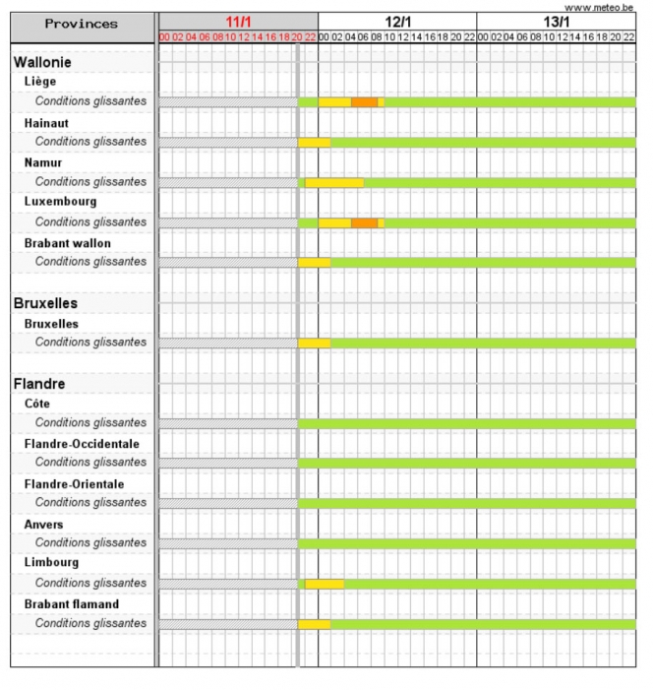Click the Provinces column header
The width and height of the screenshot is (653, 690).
point(82,23)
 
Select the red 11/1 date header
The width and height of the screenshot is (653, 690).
point(238,21)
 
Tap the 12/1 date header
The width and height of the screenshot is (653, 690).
point(397,21)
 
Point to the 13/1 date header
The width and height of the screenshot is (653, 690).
point(556,21)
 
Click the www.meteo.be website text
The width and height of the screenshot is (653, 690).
point(599,7)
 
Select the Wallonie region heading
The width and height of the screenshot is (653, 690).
point(42,62)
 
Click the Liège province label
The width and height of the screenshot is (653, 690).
point(40,82)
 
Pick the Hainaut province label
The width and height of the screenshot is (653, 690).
point(46,122)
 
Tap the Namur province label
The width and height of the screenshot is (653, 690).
point(43,161)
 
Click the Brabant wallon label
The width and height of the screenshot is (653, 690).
point(67,242)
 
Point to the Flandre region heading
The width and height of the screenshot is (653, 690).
point(39,383)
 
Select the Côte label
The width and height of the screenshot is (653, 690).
point(36,404)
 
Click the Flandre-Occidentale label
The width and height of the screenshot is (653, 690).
point(82,443)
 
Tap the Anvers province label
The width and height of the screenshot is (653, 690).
point(43,524)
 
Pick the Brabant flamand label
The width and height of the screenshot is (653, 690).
point(71,603)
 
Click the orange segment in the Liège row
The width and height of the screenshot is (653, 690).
point(364,102)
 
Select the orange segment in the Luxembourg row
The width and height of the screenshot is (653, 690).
point(364,222)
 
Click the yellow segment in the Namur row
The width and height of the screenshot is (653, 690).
point(334,182)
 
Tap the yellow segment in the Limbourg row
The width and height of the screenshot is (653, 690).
point(325,584)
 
